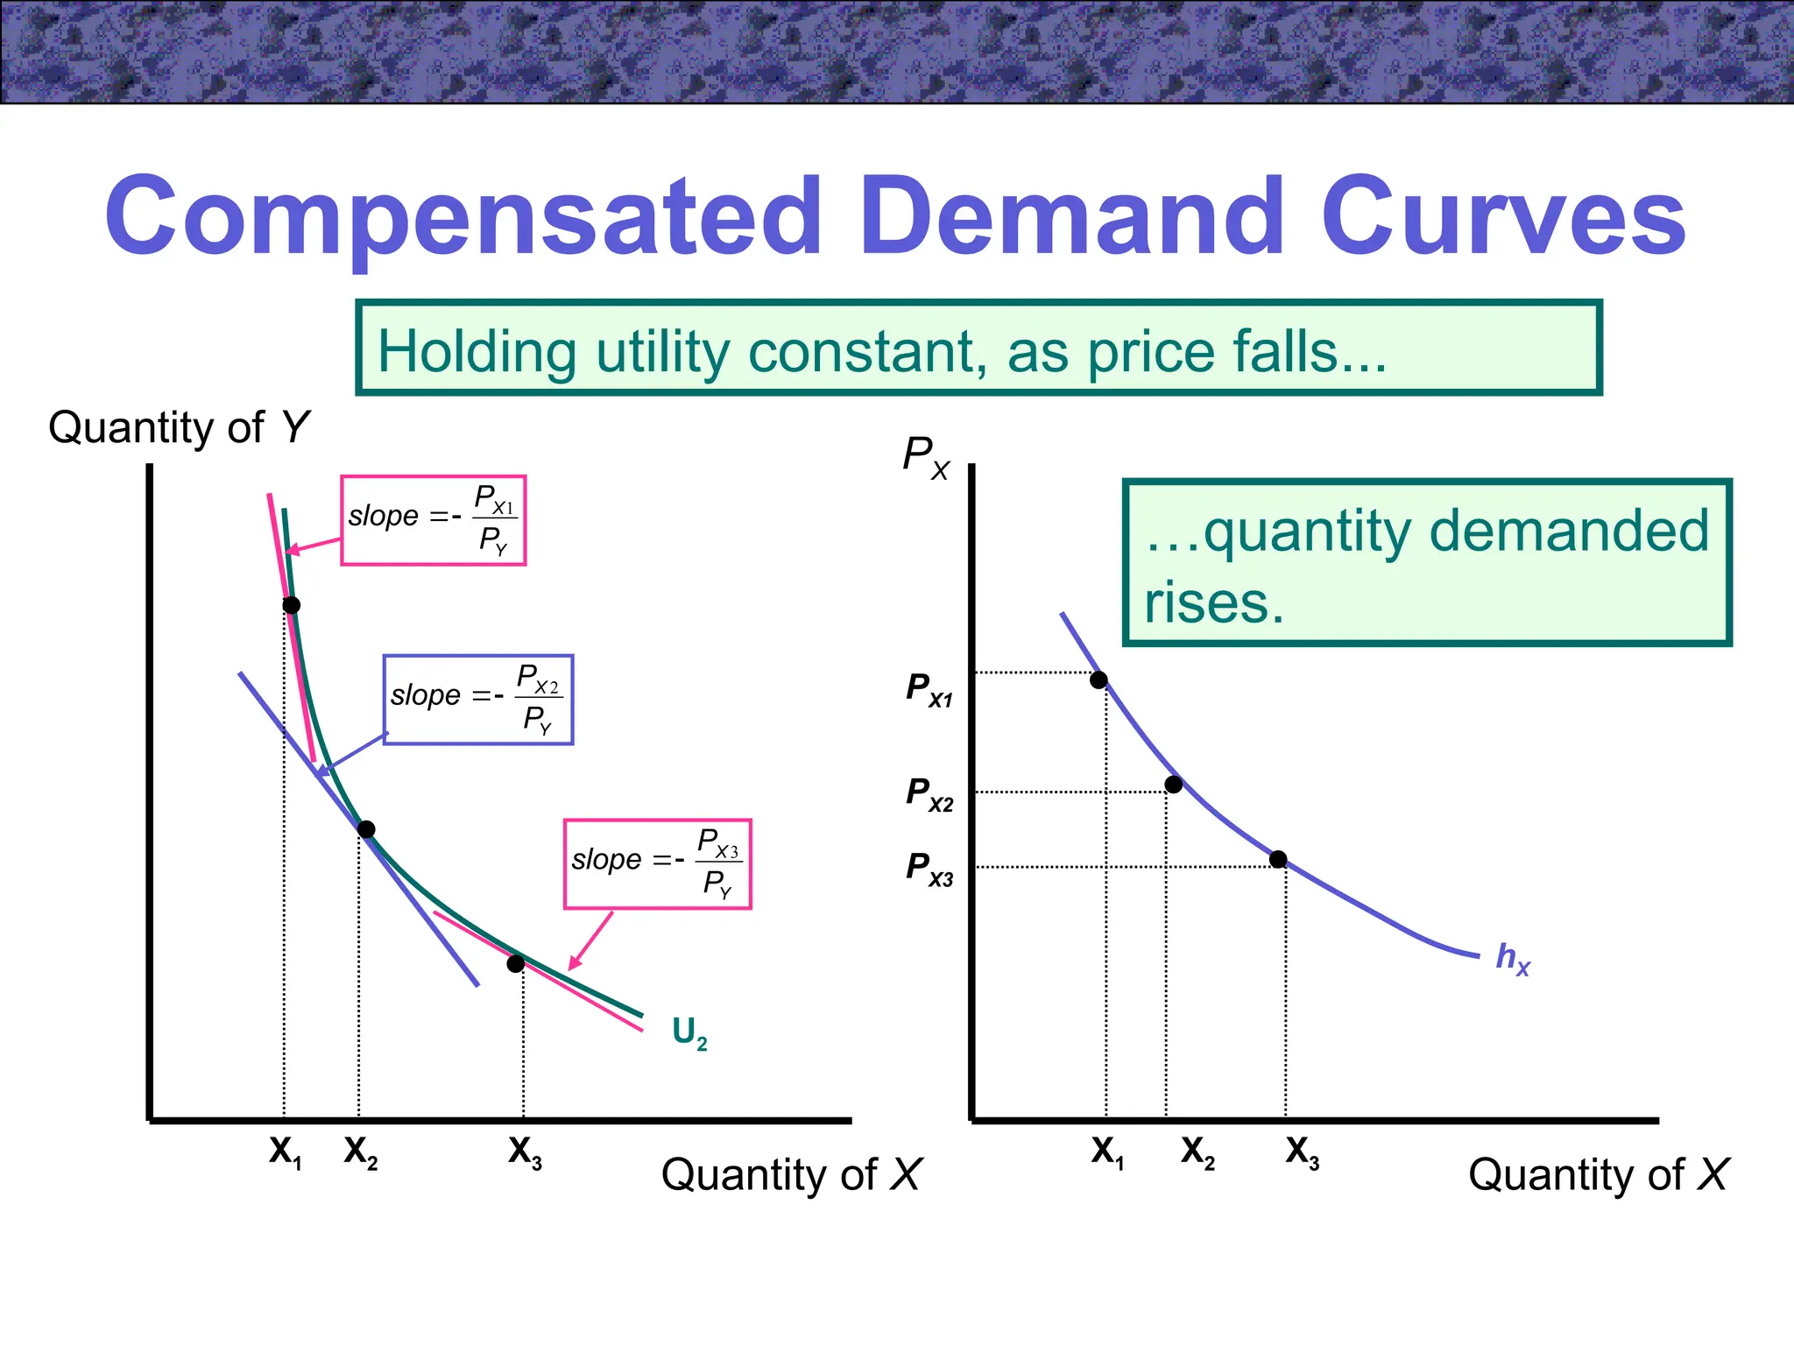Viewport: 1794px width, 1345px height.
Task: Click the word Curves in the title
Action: click(1503, 215)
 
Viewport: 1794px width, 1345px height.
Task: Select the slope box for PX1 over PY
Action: click(434, 520)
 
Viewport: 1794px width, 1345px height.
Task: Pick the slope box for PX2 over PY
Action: click(478, 700)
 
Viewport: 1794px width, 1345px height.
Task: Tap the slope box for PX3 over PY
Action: click(658, 863)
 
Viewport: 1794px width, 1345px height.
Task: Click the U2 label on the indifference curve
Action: click(689, 1033)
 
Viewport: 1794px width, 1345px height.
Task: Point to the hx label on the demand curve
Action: click(1513, 958)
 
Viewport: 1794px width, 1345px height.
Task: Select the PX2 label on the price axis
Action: click(929, 794)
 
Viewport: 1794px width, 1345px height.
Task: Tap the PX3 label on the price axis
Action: click(929, 869)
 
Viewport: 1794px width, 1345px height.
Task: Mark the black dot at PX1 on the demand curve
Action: click(1098, 680)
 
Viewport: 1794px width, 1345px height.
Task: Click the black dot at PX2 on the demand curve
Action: click(1174, 785)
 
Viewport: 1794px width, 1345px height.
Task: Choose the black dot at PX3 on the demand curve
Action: click(1278, 859)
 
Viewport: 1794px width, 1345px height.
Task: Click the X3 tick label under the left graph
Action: click(525, 1152)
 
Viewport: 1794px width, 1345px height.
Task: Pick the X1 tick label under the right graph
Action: click(1107, 1152)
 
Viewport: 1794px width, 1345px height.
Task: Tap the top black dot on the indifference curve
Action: click(292, 605)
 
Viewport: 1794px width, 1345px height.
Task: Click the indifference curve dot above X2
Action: click(367, 829)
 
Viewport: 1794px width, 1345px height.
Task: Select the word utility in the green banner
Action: click(662, 352)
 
